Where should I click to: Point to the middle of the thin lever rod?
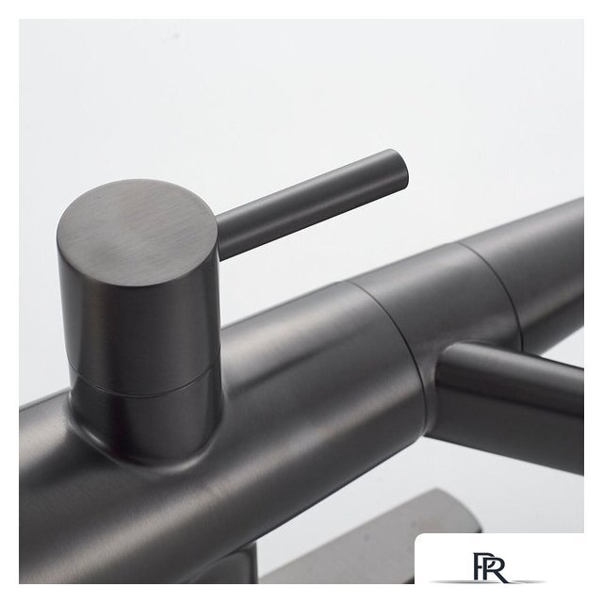[x=312, y=204]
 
